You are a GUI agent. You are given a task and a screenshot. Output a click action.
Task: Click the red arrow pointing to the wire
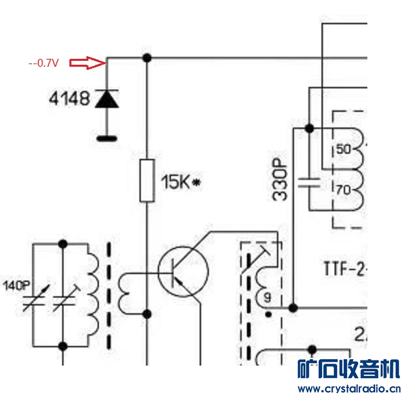(x=88, y=63)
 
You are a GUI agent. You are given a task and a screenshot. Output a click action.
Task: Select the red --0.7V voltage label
(x=43, y=63)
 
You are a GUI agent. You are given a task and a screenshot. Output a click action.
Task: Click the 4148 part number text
(x=69, y=100)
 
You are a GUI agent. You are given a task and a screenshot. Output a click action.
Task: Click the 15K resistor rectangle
(x=147, y=180)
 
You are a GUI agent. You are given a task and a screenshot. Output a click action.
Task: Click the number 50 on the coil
(x=344, y=149)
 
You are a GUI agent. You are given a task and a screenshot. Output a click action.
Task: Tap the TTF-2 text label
(x=346, y=268)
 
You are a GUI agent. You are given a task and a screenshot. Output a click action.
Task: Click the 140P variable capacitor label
(x=16, y=286)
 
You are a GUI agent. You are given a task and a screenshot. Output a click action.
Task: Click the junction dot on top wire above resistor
(x=147, y=58)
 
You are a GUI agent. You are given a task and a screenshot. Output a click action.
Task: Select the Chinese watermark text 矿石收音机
(x=348, y=370)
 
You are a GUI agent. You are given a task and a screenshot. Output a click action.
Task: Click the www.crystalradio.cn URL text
(x=348, y=388)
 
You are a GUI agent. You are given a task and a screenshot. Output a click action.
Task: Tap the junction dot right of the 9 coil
(x=293, y=307)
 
